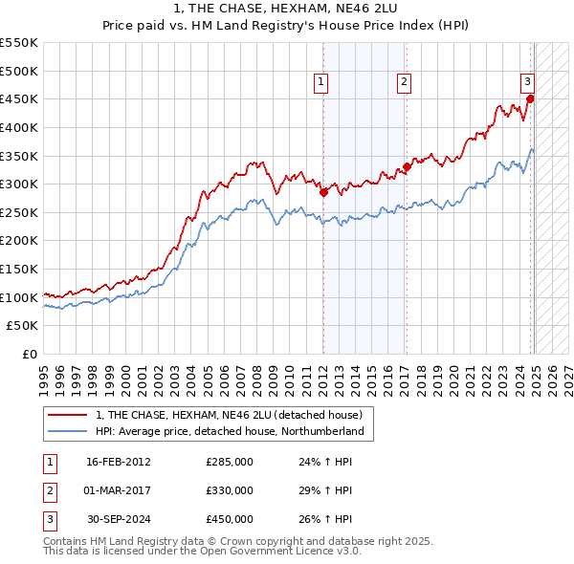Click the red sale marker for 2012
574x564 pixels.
click(x=323, y=192)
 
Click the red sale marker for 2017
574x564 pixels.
click(x=407, y=166)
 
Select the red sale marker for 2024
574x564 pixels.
click(x=530, y=98)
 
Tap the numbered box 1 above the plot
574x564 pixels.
click(x=320, y=82)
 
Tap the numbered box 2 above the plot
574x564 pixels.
click(x=405, y=82)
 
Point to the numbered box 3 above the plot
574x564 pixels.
click(x=527, y=82)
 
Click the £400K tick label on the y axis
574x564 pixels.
click(x=19, y=127)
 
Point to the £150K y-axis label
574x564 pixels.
click(x=19, y=269)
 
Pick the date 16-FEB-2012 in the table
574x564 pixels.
click(x=118, y=462)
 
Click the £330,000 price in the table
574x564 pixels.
click(x=230, y=490)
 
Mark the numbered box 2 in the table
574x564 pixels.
click(x=48, y=490)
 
